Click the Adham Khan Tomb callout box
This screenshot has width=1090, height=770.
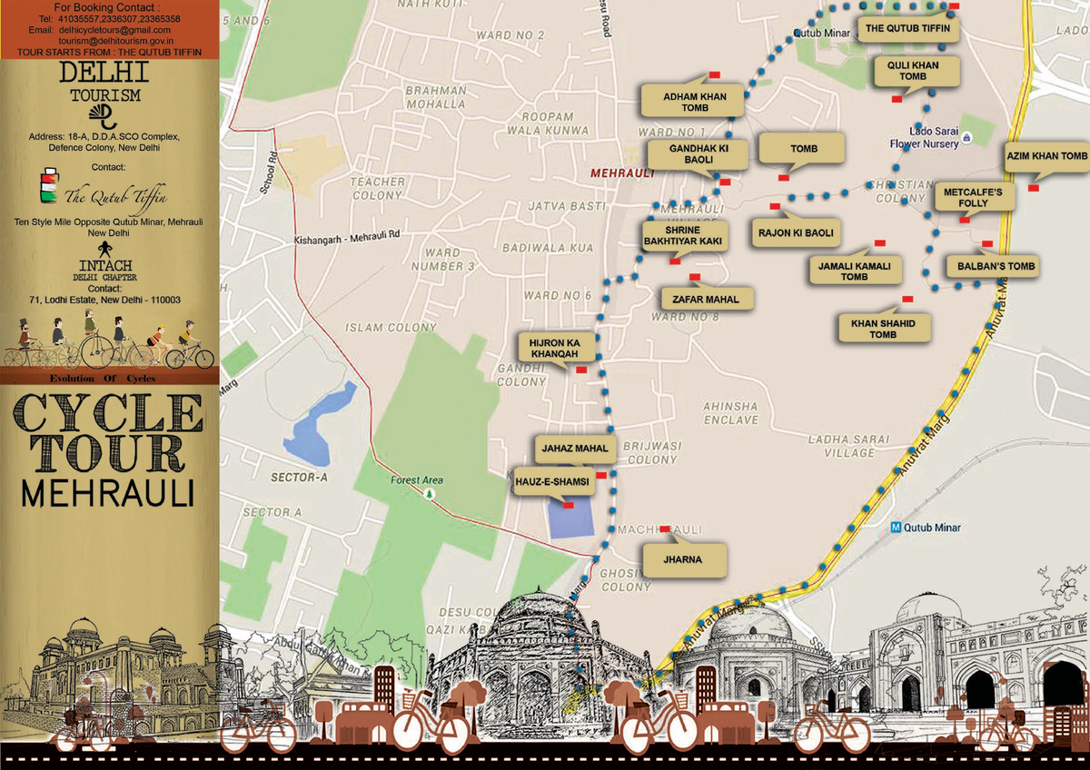[694, 102]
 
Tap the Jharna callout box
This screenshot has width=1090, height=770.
[684, 559]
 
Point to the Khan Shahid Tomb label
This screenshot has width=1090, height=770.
[884, 329]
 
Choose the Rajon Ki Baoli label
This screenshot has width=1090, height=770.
[796, 233]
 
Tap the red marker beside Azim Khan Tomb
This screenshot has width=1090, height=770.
[1034, 188]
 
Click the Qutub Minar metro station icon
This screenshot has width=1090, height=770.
[897, 528]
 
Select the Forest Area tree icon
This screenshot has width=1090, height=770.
[429, 494]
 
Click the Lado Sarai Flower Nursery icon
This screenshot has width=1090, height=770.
[967, 138]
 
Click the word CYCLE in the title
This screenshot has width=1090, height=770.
[109, 414]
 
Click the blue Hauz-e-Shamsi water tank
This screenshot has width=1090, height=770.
[570, 518]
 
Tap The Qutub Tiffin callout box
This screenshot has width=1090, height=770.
[908, 28]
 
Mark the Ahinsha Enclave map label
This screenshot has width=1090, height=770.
[731, 413]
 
